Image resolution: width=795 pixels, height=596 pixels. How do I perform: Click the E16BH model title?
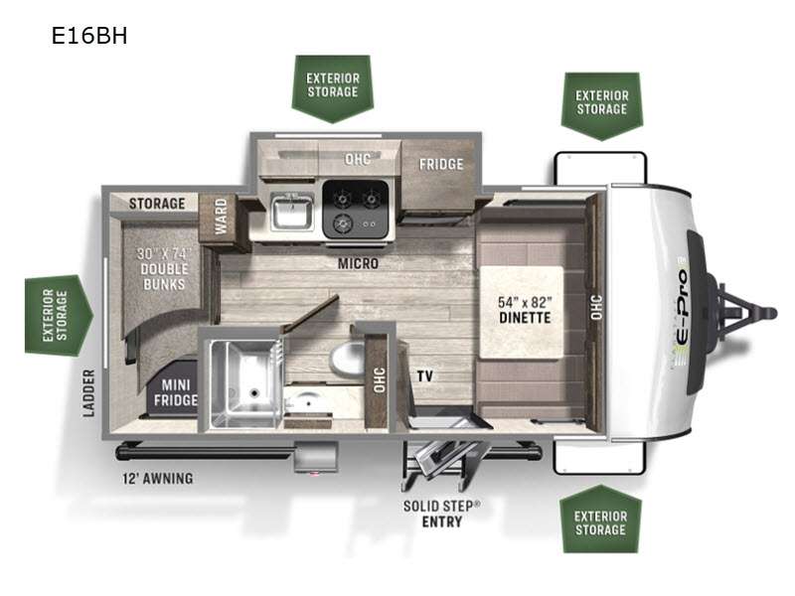coord(89,36)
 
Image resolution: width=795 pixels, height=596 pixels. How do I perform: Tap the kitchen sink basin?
coord(291,212)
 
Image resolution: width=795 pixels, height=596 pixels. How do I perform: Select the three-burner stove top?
coord(357,210)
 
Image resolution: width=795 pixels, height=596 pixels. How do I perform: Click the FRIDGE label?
coord(440,164)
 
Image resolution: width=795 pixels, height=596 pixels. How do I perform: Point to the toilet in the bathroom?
coord(347,359)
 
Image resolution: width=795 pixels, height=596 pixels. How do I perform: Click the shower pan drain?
coord(254,391)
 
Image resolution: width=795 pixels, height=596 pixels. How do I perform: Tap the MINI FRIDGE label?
coord(176,392)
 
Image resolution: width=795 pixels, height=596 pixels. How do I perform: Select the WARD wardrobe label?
coord(221,217)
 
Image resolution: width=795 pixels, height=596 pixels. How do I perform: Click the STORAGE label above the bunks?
coord(157,204)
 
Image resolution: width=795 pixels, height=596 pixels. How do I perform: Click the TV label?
coord(425,376)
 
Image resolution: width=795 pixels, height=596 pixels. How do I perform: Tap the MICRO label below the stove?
coord(358,263)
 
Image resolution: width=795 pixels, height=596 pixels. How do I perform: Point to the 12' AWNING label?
coord(157,479)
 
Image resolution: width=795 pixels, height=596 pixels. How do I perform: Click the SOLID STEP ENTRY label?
coord(441,514)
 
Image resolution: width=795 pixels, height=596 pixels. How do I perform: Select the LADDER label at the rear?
coord(88,393)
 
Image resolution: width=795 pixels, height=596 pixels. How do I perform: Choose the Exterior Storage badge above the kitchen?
coord(333,88)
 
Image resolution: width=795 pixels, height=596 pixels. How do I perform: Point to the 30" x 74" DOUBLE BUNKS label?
coord(164,268)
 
